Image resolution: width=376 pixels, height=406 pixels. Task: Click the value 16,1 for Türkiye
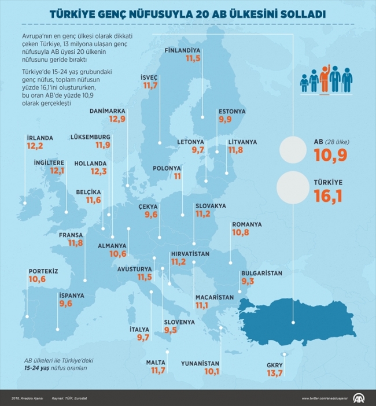click(x=328, y=197)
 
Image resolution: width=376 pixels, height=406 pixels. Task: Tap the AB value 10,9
click(x=331, y=154)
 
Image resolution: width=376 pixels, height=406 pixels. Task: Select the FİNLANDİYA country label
click(x=183, y=50)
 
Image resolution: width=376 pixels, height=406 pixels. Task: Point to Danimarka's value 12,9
click(x=117, y=119)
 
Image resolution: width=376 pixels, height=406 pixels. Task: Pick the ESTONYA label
click(x=232, y=111)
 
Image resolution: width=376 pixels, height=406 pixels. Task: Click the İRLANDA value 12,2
click(x=34, y=147)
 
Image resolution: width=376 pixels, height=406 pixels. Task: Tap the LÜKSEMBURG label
click(x=90, y=137)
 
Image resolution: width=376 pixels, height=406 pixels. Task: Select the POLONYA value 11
click(x=178, y=176)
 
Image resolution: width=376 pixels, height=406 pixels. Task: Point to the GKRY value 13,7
click(x=275, y=374)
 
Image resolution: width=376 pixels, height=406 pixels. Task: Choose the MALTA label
click(x=156, y=362)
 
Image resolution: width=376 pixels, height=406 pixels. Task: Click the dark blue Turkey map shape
click(x=301, y=318)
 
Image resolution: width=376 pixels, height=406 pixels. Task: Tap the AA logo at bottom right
click(x=360, y=398)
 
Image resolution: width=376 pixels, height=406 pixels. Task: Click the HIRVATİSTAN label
click(x=190, y=254)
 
